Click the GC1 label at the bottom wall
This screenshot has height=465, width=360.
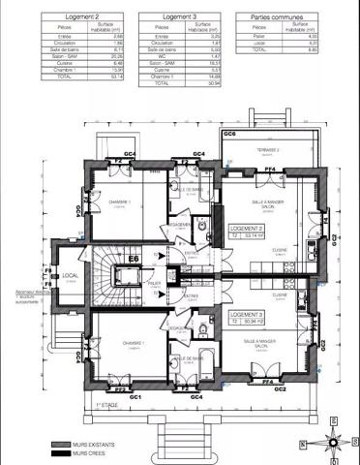point(135,397)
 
